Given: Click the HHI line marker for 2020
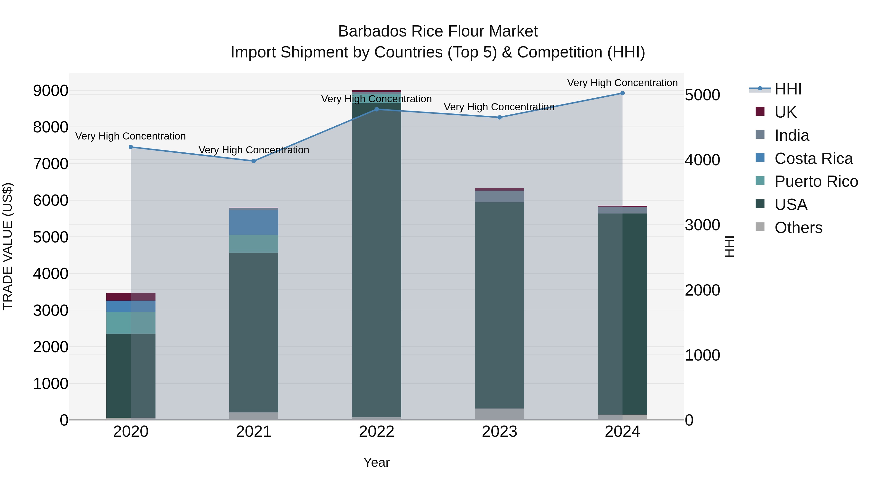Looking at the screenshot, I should coord(131,147).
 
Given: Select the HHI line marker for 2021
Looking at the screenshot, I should coord(254,161).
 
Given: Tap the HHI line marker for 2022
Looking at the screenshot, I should coord(376,109).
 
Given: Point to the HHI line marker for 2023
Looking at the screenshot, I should coord(500,117).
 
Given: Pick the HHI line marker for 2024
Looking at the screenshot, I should coord(622,93).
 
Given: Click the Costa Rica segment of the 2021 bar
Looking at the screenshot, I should coord(254,223).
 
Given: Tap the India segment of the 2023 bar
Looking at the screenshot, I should coord(500,196).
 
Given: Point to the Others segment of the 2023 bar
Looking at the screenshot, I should coord(500,414).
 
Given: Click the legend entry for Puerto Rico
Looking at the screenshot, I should coord(816,181).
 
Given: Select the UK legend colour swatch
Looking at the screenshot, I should coord(760,112).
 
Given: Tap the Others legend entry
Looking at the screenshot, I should coord(798,228).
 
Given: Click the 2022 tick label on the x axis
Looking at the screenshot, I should coord(376,432).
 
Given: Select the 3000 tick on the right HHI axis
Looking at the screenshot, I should coord(702,225).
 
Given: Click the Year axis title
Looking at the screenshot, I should coord(376,462).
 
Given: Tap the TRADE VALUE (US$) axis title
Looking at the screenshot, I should coord(8,246).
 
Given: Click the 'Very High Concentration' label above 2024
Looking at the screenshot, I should coord(622,83).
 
